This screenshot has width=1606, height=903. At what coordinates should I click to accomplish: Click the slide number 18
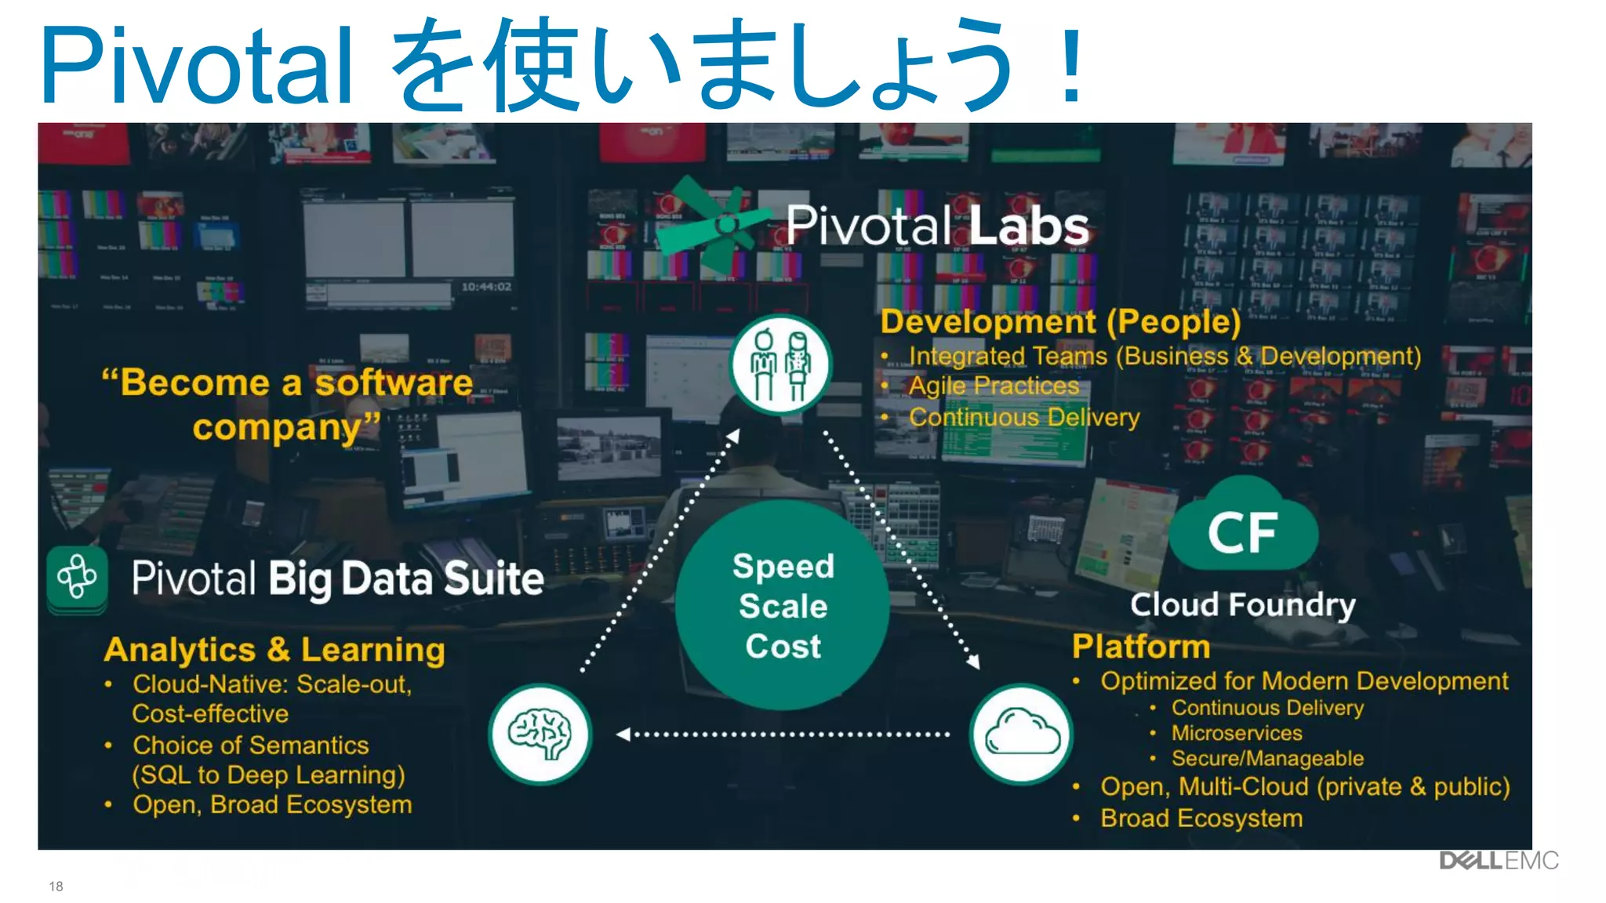click(56, 886)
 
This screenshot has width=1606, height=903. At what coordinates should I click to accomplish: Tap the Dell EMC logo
click(1498, 861)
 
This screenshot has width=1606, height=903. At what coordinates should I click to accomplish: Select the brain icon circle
click(540, 734)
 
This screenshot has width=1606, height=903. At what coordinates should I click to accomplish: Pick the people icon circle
click(780, 364)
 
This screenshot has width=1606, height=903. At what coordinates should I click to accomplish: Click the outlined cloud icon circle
click(1021, 734)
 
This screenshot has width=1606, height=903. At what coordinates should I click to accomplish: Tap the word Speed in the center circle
click(783, 566)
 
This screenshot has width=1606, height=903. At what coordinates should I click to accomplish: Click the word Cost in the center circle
click(783, 647)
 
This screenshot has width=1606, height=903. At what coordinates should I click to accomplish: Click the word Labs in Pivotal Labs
click(1029, 226)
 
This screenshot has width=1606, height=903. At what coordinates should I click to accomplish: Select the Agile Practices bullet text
click(994, 386)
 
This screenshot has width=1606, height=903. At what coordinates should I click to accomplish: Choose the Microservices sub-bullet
click(1237, 733)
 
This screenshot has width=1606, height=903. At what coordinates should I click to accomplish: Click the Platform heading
click(1141, 647)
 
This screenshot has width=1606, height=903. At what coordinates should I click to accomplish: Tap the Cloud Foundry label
click(1242, 604)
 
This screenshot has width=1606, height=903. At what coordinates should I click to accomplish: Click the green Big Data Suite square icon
click(77, 578)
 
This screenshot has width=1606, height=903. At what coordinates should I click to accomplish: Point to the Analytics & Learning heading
click(274, 650)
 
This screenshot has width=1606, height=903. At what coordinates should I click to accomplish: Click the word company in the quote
click(276, 428)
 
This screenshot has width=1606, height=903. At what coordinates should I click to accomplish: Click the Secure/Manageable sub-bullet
click(1267, 759)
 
